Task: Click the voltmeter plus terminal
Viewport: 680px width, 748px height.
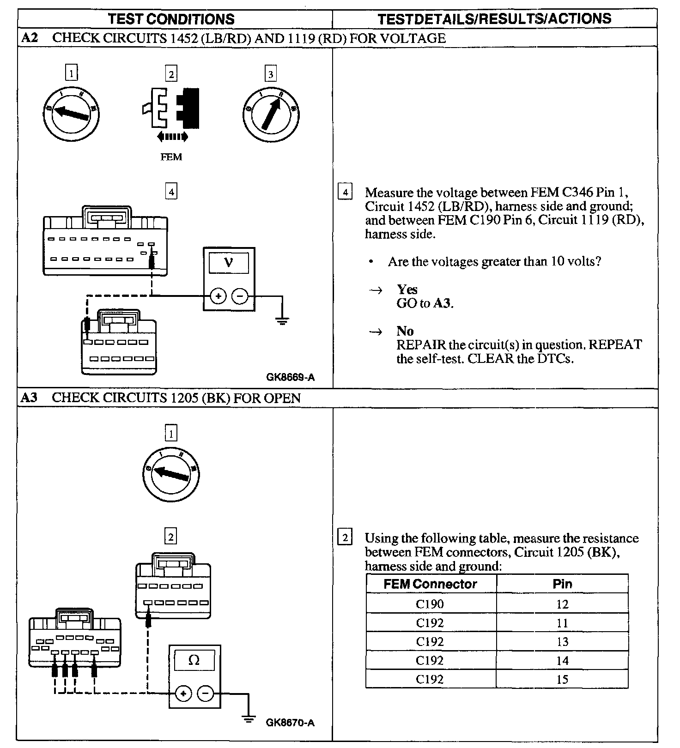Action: click(218, 296)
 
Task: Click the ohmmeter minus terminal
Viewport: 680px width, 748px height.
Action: click(206, 694)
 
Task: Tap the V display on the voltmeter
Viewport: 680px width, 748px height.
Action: click(229, 263)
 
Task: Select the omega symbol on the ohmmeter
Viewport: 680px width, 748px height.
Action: click(194, 660)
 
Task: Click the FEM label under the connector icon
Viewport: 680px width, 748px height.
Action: click(171, 157)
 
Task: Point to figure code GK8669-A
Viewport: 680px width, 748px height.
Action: click(290, 377)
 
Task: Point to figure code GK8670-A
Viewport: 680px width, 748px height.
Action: click(290, 723)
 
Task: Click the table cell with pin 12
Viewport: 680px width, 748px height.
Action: click(562, 604)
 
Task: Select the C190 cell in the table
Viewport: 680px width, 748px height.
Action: click(430, 604)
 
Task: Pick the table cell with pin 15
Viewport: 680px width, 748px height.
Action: click(562, 679)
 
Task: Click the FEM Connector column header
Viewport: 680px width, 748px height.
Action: click(430, 584)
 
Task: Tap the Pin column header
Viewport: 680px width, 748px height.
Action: click(562, 584)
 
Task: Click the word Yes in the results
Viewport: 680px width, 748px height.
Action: click(407, 290)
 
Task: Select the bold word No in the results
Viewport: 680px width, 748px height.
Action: click(405, 331)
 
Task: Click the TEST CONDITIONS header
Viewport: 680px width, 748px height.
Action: click(171, 19)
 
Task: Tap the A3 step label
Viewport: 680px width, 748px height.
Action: click(29, 398)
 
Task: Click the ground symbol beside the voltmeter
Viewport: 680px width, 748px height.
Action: click(282, 320)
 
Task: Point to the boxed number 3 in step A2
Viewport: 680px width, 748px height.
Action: click(270, 74)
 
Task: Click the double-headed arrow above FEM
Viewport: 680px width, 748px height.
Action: click(172, 136)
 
